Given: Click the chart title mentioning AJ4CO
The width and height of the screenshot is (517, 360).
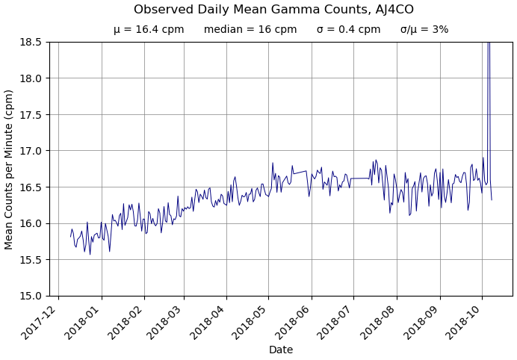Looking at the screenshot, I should (x=273, y=10).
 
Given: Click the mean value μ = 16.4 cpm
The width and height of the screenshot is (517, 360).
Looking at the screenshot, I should (x=149, y=30).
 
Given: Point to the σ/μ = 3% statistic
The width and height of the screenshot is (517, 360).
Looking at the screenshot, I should (x=424, y=30).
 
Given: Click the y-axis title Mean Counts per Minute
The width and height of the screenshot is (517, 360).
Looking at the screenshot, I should (x=10, y=169).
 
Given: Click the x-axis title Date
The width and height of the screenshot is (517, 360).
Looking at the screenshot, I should (x=281, y=350).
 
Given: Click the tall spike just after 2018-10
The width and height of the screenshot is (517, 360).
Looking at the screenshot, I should (x=489, y=52).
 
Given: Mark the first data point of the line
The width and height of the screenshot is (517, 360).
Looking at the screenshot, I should (x=71, y=237).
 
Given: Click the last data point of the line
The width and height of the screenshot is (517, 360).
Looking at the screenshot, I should (x=492, y=199).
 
